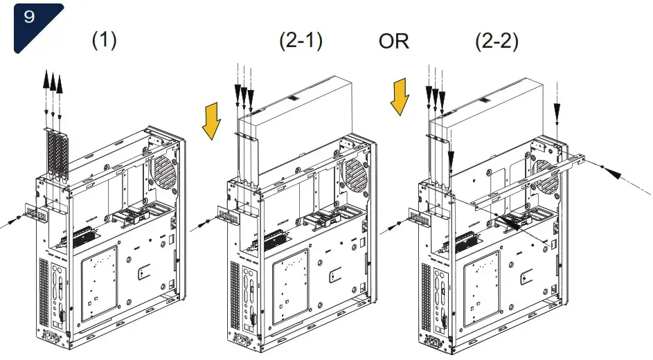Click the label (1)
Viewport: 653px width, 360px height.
[104, 40]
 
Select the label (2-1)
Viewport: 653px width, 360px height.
[301, 40]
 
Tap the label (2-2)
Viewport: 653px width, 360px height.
[497, 40]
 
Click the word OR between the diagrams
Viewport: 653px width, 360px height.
[393, 41]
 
